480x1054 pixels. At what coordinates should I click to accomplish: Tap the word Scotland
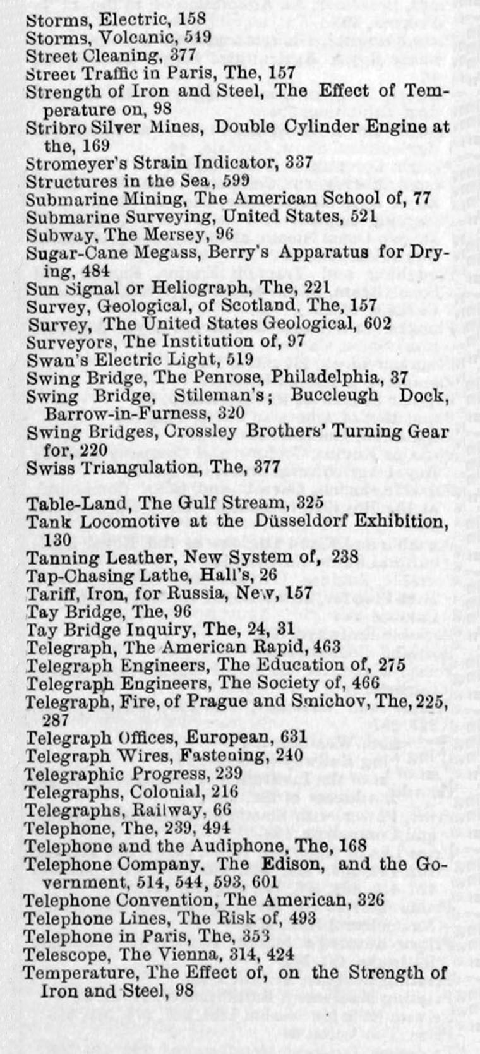(x=256, y=306)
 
